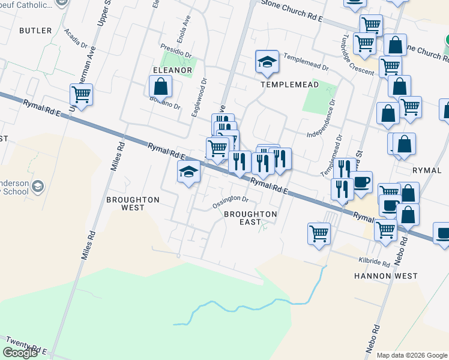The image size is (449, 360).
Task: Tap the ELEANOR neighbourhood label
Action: [x=172, y=70]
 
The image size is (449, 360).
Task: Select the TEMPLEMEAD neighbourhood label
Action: [x=289, y=85]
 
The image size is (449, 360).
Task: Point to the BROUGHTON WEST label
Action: [x=133, y=203]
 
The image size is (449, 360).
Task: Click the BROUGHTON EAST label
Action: [x=250, y=218]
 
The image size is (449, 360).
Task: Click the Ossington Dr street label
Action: [x=231, y=202]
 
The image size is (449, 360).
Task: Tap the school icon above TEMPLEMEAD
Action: [x=267, y=61]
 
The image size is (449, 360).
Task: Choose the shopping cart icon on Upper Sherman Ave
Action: [x=81, y=94]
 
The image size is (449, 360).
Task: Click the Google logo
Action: [x=20, y=353]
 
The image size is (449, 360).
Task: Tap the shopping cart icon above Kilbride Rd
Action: [x=319, y=233]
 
